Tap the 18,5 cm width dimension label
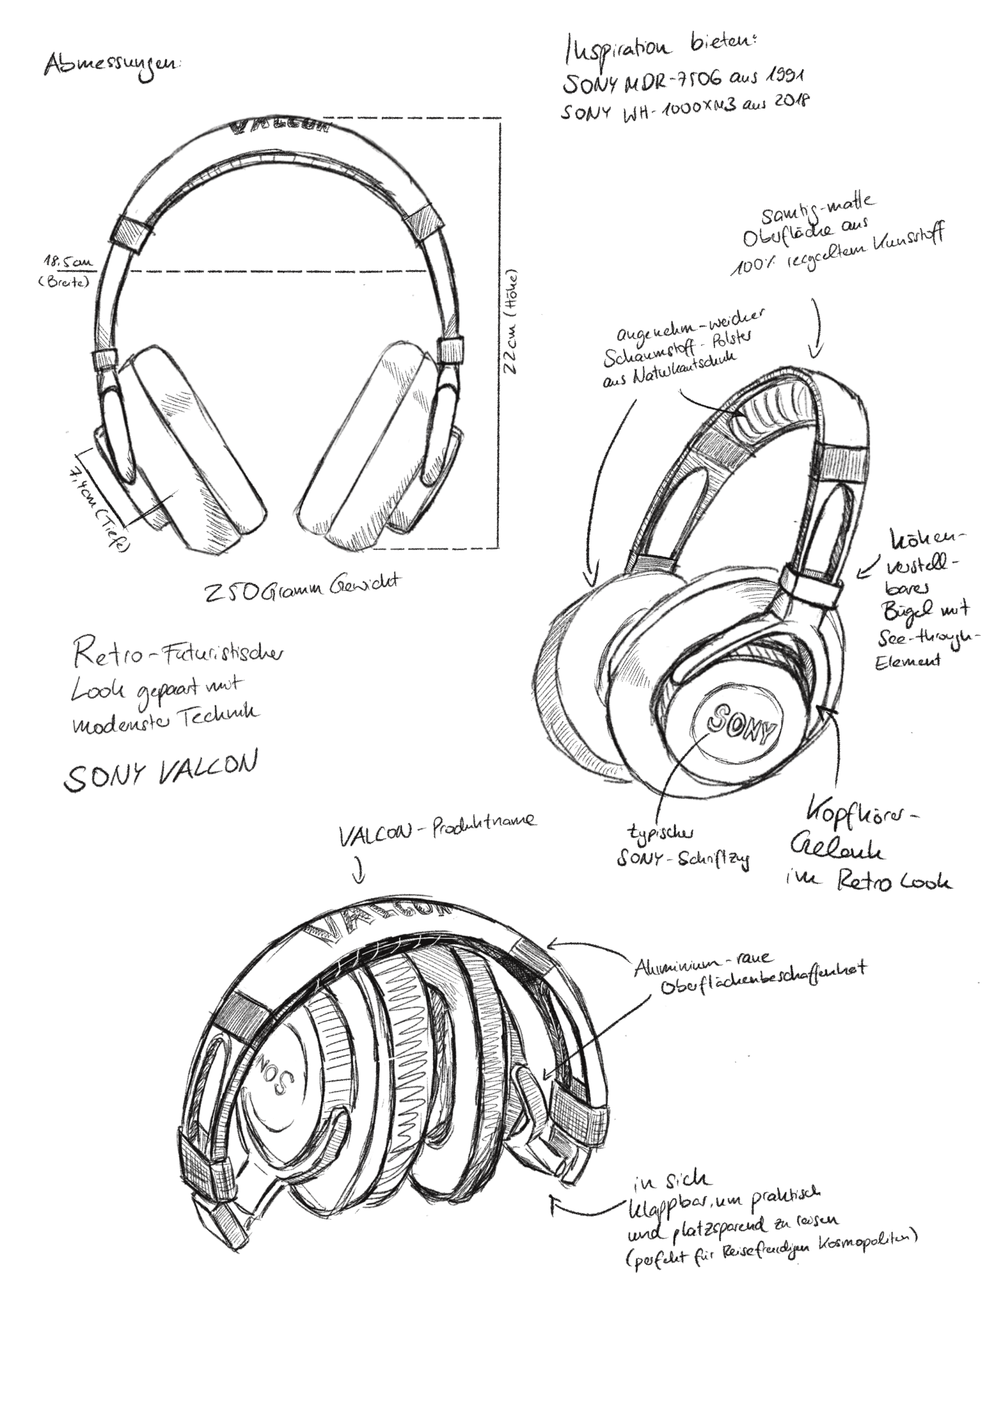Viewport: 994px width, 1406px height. pos(68,262)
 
